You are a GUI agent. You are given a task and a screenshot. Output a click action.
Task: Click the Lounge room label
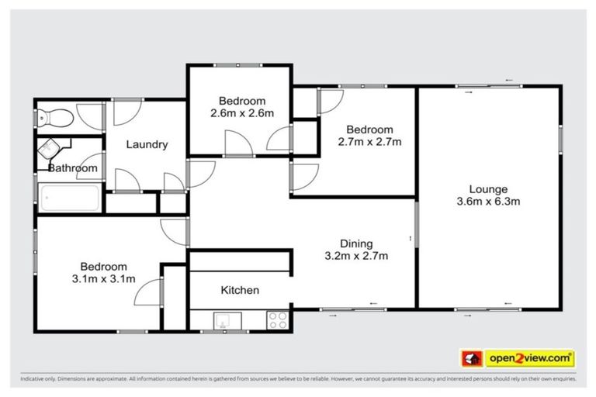click(487, 189)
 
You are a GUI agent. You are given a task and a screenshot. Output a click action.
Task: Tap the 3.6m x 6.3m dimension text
click(487, 202)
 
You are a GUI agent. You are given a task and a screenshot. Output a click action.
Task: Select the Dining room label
click(356, 243)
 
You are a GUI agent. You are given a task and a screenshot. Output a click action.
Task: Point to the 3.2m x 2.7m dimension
click(356, 256)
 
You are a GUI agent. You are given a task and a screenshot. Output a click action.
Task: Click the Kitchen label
click(240, 290)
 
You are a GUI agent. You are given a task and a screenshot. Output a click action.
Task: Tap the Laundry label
click(147, 145)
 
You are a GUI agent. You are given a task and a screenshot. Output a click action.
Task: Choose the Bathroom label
click(73, 168)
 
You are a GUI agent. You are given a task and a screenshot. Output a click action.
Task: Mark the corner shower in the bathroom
click(51, 150)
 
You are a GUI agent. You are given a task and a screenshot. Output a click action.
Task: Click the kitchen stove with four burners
click(278, 319)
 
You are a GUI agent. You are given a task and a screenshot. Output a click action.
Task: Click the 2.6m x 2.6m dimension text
click(241, 113)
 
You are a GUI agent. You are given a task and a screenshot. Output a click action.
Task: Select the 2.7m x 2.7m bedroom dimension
click(369, 142)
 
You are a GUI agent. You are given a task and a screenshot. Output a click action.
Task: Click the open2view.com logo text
click(530, 358)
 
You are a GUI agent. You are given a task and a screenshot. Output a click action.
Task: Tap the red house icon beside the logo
click(472, 358)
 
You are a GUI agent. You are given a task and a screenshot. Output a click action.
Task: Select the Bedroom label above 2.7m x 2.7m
click(369, 129)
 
